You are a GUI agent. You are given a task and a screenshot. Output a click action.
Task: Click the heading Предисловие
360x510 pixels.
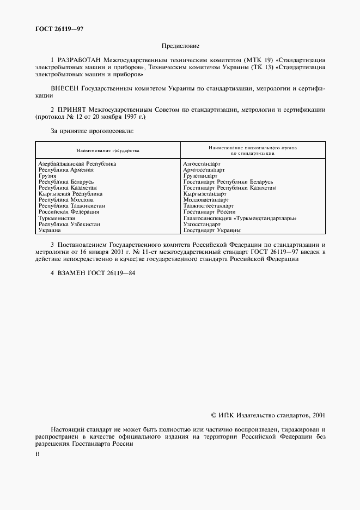(x=180, y=47)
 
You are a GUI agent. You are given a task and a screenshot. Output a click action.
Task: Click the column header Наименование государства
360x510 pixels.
(x=108, y=150)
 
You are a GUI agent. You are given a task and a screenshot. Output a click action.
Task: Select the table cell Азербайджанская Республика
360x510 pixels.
(x=77, y=163)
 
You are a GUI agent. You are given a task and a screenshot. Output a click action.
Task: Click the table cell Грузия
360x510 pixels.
(x=47, y=175)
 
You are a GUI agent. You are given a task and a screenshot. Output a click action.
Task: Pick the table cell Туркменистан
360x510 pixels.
(x=57, y=218)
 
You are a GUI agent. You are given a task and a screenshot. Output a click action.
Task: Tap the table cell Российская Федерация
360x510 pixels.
(x=69, y=212)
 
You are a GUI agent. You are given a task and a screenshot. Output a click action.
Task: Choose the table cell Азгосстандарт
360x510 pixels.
(x=202, y=163)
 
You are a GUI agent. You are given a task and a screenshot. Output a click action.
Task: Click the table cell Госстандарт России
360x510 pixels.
(x=210, y=212)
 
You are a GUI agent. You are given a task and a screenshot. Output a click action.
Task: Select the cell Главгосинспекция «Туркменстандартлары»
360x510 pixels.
(x=240, y=218)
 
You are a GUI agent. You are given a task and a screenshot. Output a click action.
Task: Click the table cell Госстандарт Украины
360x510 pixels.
(x=212, y=230)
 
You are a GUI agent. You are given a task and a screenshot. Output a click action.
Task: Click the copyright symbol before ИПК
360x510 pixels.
(x=213, y=415)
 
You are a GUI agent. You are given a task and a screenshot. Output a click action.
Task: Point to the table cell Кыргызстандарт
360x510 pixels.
(x=205, y=193)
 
